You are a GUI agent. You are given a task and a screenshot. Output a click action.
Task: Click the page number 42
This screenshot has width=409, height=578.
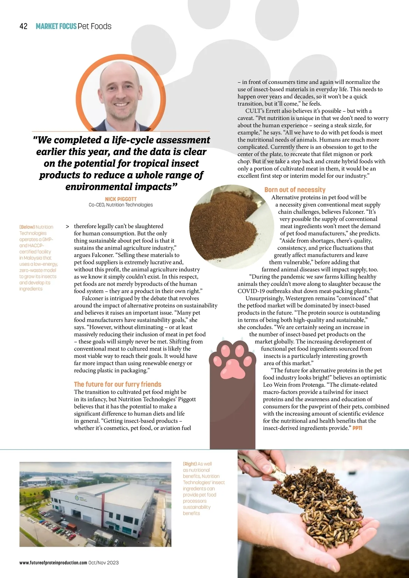point(24,27)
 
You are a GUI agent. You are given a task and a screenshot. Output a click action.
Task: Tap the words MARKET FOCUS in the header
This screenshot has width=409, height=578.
point(56,27)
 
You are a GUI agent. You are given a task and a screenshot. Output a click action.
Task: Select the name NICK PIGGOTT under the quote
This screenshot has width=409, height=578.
point(121,199)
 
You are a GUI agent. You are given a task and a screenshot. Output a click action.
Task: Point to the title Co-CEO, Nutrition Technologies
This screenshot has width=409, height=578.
point(121,205)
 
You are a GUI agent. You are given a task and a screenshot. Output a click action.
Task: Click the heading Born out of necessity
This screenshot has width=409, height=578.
point(295,190)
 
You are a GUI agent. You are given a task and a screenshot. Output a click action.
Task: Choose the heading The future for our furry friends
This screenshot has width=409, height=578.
point(118,384)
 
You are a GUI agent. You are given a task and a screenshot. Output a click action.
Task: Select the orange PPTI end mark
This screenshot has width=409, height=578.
point(357,428)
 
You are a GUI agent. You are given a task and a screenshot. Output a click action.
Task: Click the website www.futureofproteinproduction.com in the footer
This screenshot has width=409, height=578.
point(53,563)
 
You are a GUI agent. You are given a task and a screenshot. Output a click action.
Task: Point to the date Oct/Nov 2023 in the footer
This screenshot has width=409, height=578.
point(104,563)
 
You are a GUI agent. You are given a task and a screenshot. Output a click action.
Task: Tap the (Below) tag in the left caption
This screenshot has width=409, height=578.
point(27,227)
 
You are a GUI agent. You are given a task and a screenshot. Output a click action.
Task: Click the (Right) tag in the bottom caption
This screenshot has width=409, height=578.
point(190,464)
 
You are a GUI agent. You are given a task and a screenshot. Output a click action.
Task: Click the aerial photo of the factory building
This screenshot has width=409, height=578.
point(95,504)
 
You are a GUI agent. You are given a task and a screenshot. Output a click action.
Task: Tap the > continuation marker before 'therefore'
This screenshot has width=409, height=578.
point(67,226)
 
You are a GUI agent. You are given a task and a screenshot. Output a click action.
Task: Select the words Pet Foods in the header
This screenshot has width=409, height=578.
point(94,27)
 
